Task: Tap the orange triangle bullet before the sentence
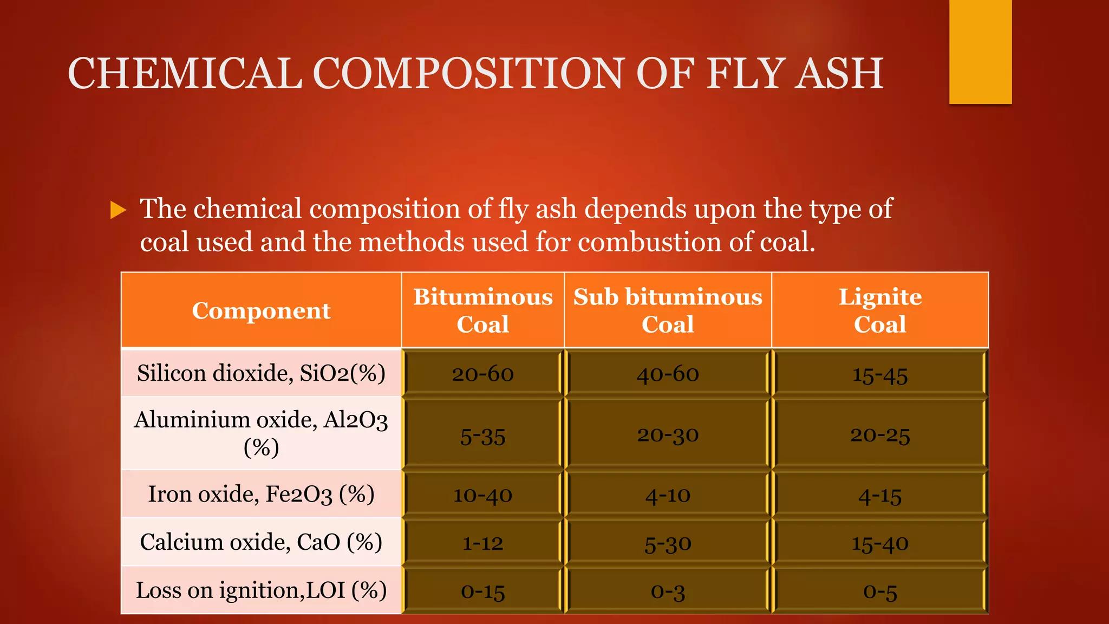(x=118, y=210)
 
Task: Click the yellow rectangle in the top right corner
(x=980, y=51)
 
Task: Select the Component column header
(x=261, y=310)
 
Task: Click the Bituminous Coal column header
(x=482, y=310)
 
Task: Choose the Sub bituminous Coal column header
(x=668, y=310)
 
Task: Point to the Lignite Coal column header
(x=880, y=310)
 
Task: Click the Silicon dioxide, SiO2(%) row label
(x=261, y=373)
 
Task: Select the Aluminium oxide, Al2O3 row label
(x=261, y=433)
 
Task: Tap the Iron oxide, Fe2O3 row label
(x=261, y=494)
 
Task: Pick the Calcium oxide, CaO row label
(x=261, y=542)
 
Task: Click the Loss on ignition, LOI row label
(x=261, y=590)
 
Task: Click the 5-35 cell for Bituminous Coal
(x=482, y=436)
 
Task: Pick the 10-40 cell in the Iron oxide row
(x=482, y=495)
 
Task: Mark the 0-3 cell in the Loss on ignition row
(x=668, y=591)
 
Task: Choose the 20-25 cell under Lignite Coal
(x=880, y=435)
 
